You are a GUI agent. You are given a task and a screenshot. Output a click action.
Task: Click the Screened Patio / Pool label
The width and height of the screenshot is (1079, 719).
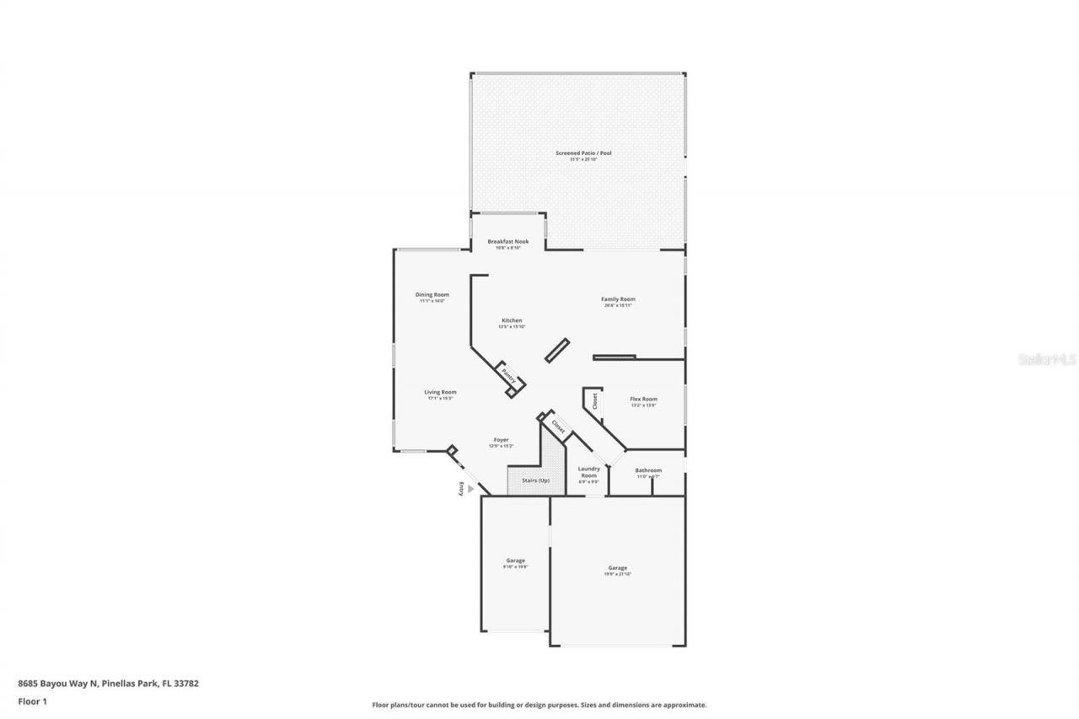[583, 153]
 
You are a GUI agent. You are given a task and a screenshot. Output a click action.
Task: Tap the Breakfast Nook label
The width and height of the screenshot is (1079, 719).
[508, 242]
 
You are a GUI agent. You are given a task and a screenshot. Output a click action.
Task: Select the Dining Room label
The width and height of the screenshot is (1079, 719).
[432, 295]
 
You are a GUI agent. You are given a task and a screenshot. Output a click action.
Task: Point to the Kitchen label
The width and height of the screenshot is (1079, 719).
[512, 320]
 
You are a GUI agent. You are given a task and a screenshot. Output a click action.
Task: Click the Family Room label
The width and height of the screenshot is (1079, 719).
[618, 299]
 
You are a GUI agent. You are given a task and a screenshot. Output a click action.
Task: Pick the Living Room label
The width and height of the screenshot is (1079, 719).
[440, 392]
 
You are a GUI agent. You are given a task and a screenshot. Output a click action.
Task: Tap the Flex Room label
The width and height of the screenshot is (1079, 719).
[643, 400]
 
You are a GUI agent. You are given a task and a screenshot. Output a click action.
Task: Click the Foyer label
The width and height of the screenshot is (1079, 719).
[501, 440]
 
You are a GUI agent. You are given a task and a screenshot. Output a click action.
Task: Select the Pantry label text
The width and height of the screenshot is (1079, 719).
[508, 373]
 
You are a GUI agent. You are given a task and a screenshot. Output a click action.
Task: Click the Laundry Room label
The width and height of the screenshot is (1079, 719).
[588, 472]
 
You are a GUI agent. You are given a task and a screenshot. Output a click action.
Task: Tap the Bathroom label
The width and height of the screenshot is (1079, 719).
[648, 470]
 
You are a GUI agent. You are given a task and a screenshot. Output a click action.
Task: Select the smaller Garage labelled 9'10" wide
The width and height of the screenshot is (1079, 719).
[515, 561]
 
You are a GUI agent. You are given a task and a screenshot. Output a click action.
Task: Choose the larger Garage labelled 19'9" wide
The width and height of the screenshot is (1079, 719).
[617, 568]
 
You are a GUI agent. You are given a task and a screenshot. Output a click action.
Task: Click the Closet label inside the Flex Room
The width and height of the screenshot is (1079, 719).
[595, 401]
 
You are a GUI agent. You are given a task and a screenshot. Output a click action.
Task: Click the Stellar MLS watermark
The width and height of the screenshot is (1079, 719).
[1048, 359]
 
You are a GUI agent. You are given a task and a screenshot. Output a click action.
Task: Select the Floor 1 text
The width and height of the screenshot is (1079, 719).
[33, 700]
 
